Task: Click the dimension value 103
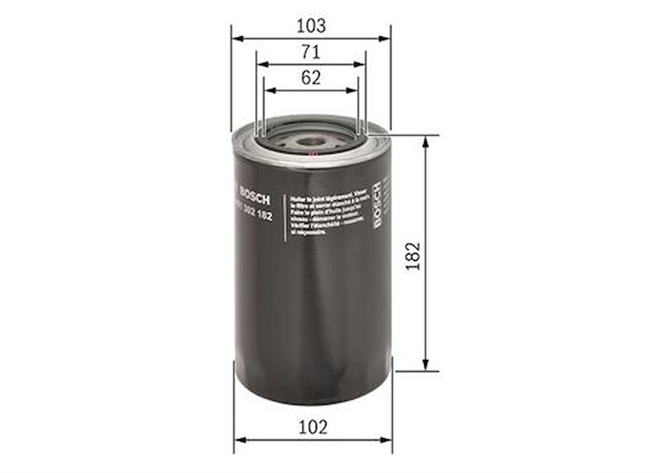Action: click(x=311, y=25)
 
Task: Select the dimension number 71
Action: click(x=311, y=52)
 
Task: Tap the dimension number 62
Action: click(x=311, y=78)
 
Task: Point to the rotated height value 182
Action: click(x=413, y=256)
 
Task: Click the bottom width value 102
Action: click(x=312, y=427)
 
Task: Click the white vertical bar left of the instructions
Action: click(x=286, y=218)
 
